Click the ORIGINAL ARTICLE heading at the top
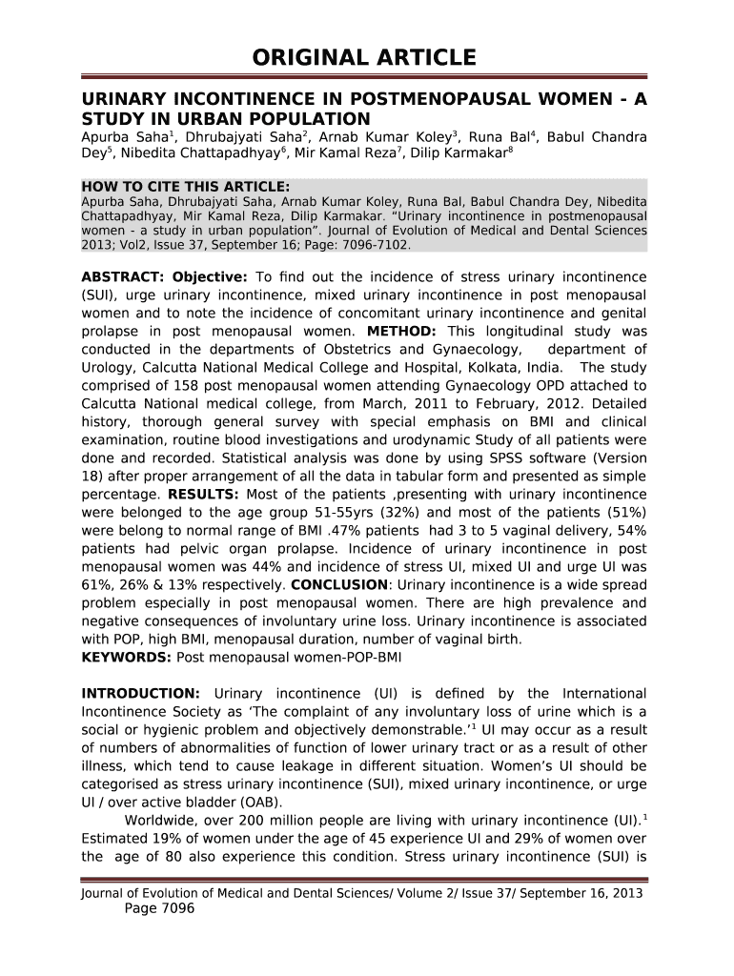364,58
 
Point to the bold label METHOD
401,331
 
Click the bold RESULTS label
202,494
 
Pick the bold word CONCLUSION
339,584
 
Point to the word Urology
111,367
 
